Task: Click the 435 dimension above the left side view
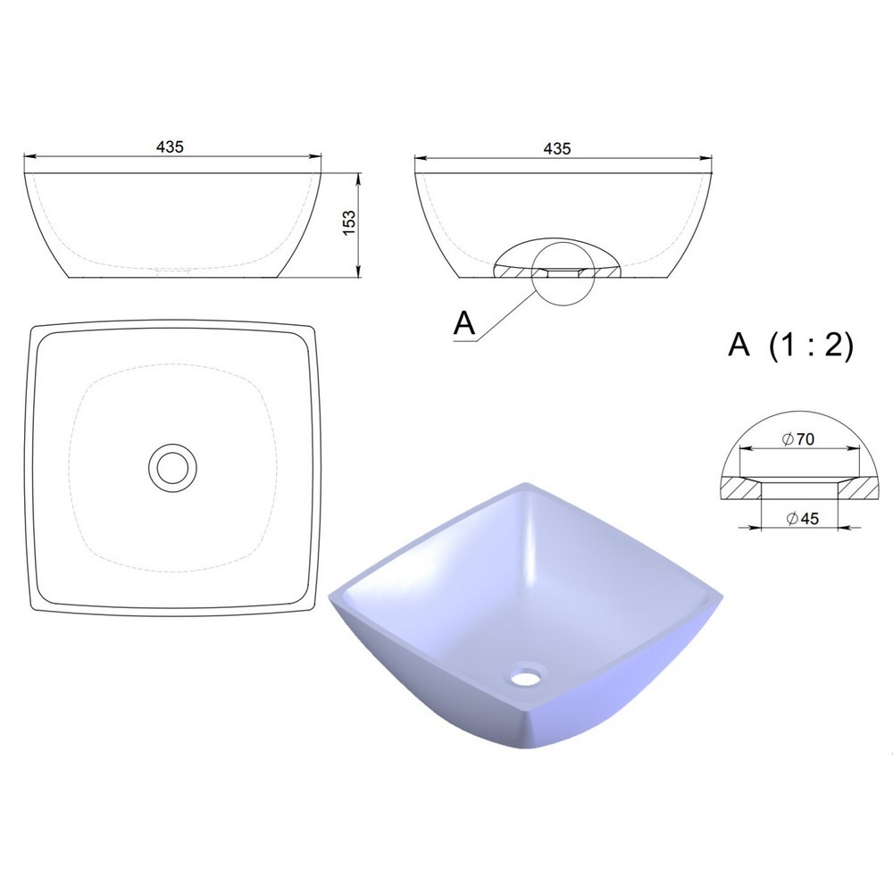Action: pos(171,147)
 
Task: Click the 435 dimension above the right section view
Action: pos(557,148)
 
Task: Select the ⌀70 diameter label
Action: pos(798,439)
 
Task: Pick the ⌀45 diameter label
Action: pos(802,518)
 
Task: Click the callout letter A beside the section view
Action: pos(464,323)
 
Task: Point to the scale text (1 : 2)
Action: pos(812,345)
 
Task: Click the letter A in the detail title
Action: pos(739,344)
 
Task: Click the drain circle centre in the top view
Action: pos(172,468)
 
